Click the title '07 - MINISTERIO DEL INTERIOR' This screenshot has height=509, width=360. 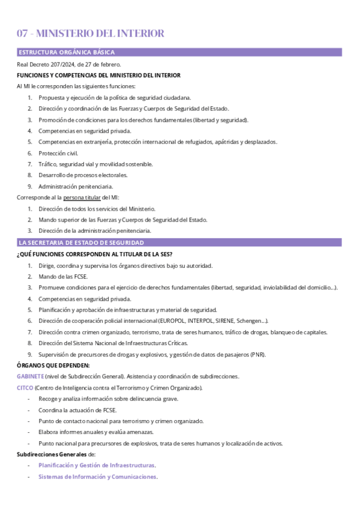point(91,34)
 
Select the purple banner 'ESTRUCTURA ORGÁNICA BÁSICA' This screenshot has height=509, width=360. point(66,52)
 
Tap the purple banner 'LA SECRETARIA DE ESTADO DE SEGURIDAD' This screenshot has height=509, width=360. point(81,242)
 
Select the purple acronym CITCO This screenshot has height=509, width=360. point(25,388)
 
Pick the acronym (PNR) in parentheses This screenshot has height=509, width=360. point(256,354)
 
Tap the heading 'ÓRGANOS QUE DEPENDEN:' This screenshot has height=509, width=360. point(53,365)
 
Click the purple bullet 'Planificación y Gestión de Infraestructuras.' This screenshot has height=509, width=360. point(97,465)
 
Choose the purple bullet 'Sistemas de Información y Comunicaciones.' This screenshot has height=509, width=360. point(98,477)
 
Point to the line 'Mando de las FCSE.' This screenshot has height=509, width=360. point(63,276)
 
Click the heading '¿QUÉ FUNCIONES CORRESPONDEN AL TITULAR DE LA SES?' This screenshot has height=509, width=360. point(95,254)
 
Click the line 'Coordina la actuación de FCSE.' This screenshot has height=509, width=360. point(77,410)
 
